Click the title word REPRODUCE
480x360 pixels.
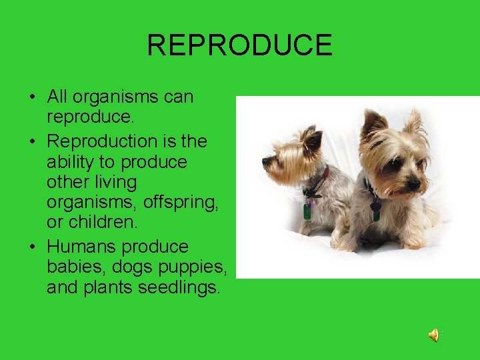pos(239,45)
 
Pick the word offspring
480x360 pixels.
pos(179,203)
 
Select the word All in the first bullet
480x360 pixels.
pos(57,97)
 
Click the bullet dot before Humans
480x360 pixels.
pos(31,247)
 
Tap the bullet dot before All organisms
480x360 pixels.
pos(31,97)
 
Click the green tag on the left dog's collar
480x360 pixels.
pos(307,211)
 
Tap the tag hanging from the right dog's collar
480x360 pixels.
pos(376,213)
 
